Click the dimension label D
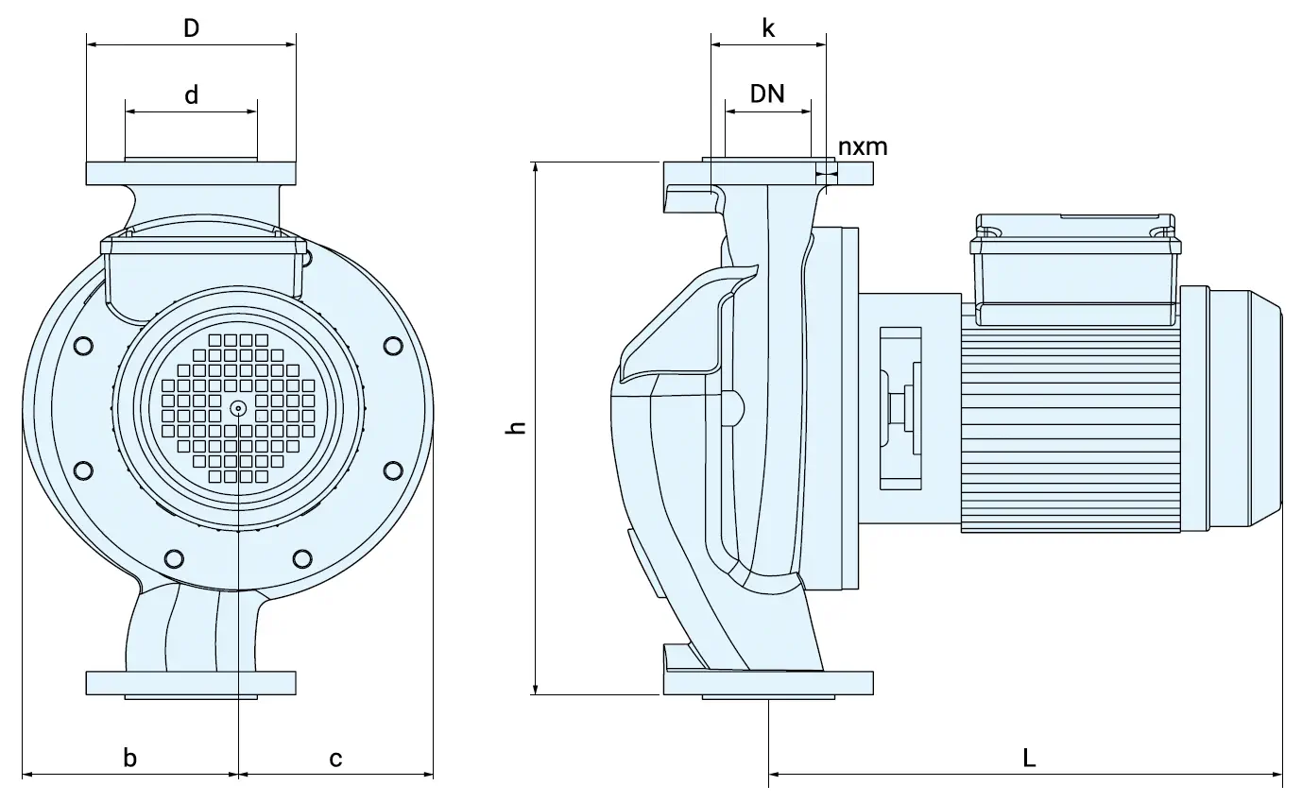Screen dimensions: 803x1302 coord(191,28)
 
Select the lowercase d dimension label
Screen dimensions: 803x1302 coord(191,95)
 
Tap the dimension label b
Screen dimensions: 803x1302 coord(130,757)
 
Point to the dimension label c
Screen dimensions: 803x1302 coord(335,758)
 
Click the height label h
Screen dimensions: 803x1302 coord(516,427)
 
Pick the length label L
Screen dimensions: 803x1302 coord(1029,758)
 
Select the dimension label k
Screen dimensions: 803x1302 coord(768,28)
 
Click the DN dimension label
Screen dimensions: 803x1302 coord(767,94)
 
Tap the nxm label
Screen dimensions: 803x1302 coord(863,146)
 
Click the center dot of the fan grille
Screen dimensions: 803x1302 coord(237,408)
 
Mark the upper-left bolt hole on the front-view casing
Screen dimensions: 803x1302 coord(83,346)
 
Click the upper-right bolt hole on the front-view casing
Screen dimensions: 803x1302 coord(393,346)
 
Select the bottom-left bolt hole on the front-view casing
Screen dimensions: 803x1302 coord(174,557)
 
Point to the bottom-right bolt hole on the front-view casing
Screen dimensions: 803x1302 coord(302,557)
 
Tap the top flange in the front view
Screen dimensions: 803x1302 coord(191,174)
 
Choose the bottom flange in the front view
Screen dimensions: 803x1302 coord(191,682)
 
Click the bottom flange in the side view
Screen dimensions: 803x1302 coord(768,682)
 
